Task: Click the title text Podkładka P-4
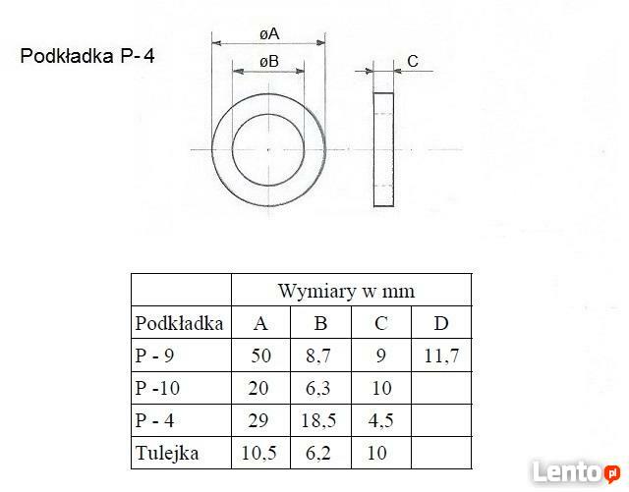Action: pyautogui.click(x=87, y=57)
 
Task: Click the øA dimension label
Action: pyautogui.click(x=269, y=34)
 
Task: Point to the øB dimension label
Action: pyautogui.click(x=269, y=62)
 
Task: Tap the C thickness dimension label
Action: pyautogui.click(x=413, y=62)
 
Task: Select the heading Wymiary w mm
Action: pyautogui.click(x=346, y=291)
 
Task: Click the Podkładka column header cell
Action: pyautogui.click(x=180, y=323)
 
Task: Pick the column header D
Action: pyautogui.click(x=440, y=323)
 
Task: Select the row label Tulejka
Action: pyautogui.click(x=167, y=453)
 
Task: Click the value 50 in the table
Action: pyautogui.click(x=259, y=355)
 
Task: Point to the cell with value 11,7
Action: pyautogui.click(x=440, y=355)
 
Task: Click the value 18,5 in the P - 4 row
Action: pyautogui.click(x=320, y=420)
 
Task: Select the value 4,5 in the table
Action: pyautogui.click(x=380, y=420)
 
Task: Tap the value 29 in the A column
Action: pyautogui.click(x=259, y=420)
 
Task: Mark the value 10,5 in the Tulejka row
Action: pyautogui.click(x=259, y=453)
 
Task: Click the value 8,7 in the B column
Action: pyautogui.click(x=320, y=355)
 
